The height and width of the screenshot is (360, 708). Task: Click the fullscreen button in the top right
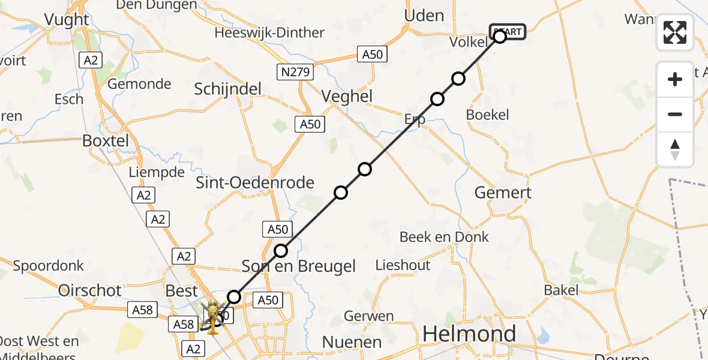pos(675,32)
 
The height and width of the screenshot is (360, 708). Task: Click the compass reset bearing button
pos(675,149)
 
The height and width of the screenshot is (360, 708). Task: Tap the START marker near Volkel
pos(508,31)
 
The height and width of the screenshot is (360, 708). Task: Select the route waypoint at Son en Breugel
pos(281,251)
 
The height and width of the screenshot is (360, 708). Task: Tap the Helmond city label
pos(469,334)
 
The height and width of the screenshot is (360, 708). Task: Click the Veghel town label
pos(347,96)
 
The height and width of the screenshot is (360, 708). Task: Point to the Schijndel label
pos(228,89)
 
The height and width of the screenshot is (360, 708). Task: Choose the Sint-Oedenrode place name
pos(255,182)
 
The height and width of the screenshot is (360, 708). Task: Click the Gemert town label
pos(503,193)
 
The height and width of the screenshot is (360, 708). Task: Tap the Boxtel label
pos(106,141)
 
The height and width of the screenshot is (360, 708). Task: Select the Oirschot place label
pos(90,290)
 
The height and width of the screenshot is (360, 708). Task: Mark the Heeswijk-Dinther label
pos(269,32)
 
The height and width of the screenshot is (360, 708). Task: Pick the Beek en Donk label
pos(444,237)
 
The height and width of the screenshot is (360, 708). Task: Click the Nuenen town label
pos(352,342)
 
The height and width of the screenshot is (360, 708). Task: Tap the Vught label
pos(67,20)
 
